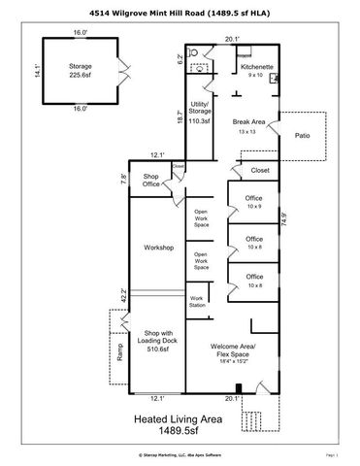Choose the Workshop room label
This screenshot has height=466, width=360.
[x=157, y=248]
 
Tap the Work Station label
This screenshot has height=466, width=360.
[x=197, y=301]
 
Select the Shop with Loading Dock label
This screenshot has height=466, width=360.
[x=157, y=338]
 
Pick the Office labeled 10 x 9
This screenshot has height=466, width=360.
[x=253, y=201]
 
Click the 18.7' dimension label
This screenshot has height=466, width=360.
[x=180, y=116]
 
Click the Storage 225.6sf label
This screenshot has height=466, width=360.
[x=80, y=71]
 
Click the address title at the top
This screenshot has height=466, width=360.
[x=180, y=12]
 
